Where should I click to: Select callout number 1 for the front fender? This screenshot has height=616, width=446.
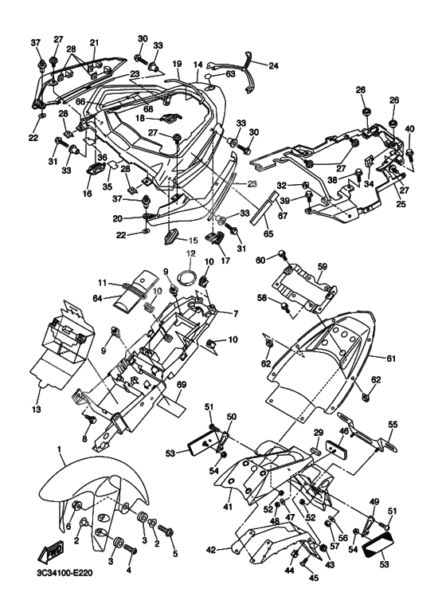click(60, 449)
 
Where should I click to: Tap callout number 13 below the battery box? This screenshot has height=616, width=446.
click(37, 410)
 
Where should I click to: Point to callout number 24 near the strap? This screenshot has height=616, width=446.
click(273, 65)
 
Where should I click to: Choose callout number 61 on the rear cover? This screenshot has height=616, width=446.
click(390, 359)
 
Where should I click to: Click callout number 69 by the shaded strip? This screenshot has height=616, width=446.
click(181, 385)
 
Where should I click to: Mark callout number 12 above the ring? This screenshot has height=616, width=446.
click(190, 254)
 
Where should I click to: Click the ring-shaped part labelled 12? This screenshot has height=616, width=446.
click(188, 277)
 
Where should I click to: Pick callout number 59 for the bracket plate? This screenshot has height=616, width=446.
click(322, 266)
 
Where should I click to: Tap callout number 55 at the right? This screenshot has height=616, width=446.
click(393, 425)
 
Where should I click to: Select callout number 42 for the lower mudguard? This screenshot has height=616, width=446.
click(211, 550)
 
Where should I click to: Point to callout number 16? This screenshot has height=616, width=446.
click(87, 193)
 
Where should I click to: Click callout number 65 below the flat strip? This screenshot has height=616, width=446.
click(268, 234)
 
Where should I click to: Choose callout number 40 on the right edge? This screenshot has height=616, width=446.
click(409, 128)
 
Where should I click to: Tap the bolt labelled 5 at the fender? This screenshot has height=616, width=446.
click(165, 532)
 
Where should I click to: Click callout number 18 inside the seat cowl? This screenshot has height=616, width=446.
click(140, 118)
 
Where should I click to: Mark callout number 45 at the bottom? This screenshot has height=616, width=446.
click(314, 578)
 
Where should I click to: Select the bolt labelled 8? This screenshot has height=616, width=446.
click(91, 419)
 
